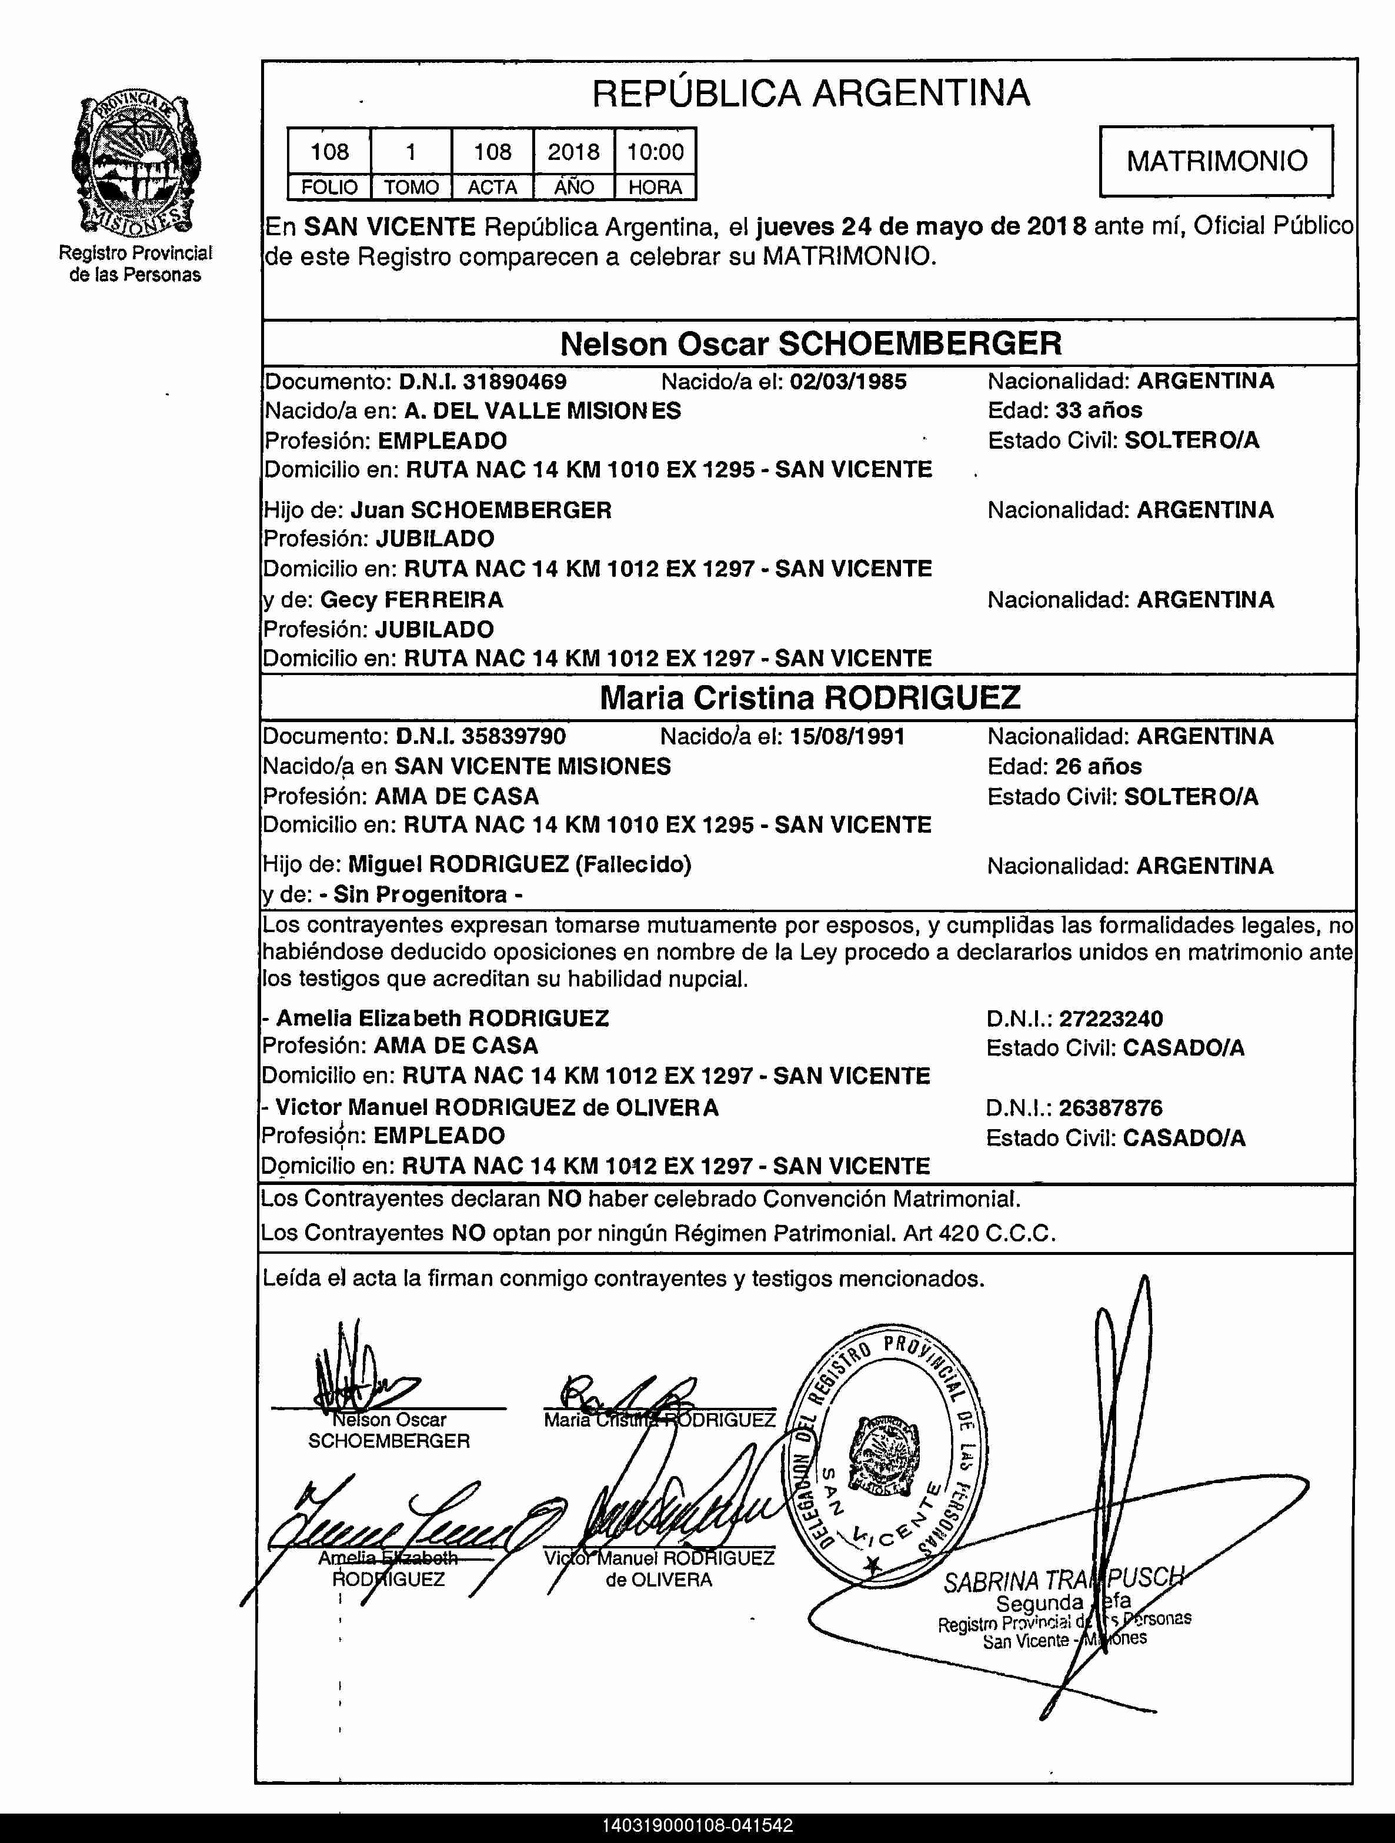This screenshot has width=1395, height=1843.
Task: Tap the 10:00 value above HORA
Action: click(655, 152)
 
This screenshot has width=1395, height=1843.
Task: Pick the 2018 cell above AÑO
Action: click(573, 152)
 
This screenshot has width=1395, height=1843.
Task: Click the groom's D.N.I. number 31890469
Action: click(514, 382)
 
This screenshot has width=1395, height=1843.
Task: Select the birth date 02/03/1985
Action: click(847, 382)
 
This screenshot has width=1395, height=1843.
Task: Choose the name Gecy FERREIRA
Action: click(412, 600)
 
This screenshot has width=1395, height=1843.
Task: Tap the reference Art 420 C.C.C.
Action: click(979, 1233)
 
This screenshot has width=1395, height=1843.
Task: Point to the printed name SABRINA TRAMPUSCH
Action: click(1063, 1580)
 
